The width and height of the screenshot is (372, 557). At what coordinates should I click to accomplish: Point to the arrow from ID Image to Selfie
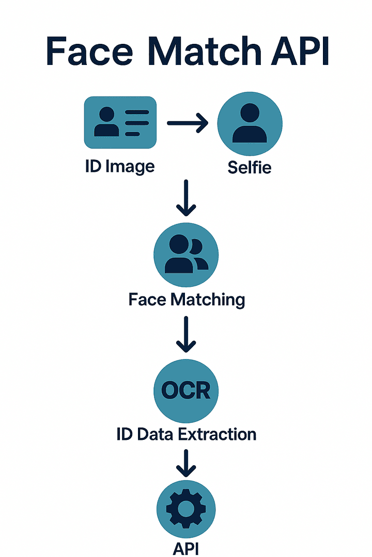[x=187, y=123]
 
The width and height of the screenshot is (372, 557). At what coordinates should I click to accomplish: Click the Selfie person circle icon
[x=250, y=123]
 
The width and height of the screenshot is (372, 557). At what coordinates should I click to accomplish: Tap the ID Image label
[x=120, y=166]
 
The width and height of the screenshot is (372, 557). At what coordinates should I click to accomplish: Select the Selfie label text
[x=250, y=167]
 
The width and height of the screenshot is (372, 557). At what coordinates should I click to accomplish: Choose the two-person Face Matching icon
[x=186, y=255]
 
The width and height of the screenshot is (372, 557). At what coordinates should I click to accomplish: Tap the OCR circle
[x=186, y=390]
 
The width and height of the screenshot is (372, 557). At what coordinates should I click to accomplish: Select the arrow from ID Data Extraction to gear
[x=186, y=463]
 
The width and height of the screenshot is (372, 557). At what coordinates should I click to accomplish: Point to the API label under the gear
[x=186, y=547]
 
